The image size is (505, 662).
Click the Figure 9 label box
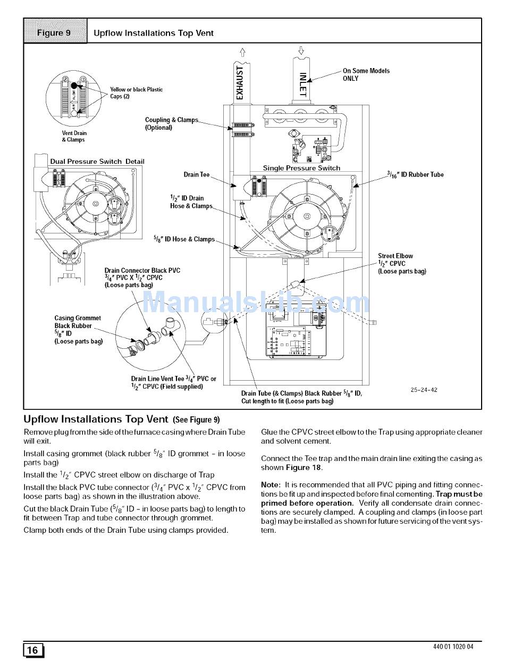tap(55, 33)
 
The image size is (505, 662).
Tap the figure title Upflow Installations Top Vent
tap(153, 33)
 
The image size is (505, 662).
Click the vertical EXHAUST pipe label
tap(240, 82)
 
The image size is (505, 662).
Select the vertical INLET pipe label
tap(302, 85)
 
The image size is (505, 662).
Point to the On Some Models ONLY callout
tap(366, 74)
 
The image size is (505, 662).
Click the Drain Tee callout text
tap(197, 174)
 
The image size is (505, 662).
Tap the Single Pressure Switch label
tap(301, 168)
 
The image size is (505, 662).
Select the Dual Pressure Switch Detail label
tap(97, 162)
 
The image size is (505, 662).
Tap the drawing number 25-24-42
tap(424, 390)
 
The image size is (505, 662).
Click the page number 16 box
tap(33, 650)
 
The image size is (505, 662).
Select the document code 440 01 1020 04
tap(453, 647)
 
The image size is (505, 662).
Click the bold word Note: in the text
tap(270, 485)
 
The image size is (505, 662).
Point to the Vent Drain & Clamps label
tap(74, 136)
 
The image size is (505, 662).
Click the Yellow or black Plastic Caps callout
tap(136, 93)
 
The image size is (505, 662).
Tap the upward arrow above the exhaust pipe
tap(242, 52)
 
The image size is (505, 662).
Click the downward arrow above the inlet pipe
tap(301, 51)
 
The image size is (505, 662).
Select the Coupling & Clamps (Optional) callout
tap(171, 123)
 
